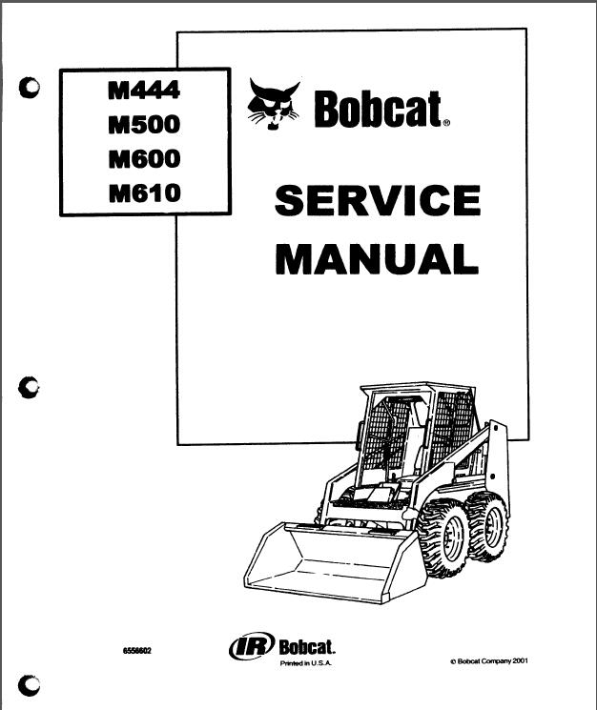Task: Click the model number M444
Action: [144, 90]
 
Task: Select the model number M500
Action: [144, 124]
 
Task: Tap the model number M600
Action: [145, 158]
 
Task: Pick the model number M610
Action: [145, 193]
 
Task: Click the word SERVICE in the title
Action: [378, 200]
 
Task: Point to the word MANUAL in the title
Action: [377, 258]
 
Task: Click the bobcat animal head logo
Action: [274, 105]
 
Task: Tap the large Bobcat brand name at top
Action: [378, 109]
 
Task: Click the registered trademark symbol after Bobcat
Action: [446, 122]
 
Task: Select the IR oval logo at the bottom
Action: [252, 646]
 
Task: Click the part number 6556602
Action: [137, 651]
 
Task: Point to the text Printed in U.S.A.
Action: [306, 663]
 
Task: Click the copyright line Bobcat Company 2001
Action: [489, 661]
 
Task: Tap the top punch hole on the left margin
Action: [30, 88]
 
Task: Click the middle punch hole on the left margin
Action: [29, 388]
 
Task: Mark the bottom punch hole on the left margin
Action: [29, 684]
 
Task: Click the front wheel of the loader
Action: [444, 538]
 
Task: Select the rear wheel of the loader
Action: [487, 526]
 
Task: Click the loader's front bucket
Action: [335, 563]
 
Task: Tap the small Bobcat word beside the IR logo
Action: [307, 647]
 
